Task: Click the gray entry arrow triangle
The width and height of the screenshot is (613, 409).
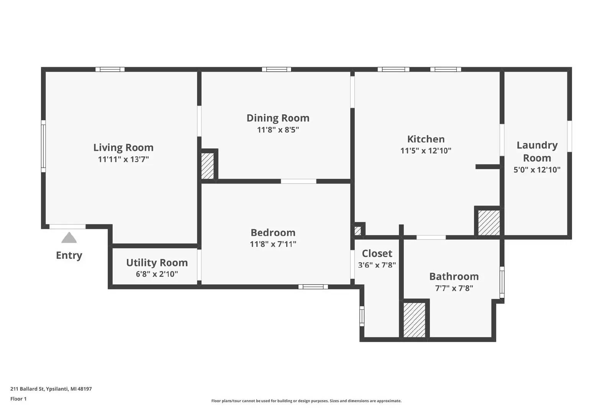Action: [x=69, y=238]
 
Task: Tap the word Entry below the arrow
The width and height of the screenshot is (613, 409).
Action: [x=69, y=255]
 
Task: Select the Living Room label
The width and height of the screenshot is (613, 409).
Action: [x=123, y=148]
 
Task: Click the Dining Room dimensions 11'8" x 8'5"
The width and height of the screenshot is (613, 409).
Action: [x=278, y=130]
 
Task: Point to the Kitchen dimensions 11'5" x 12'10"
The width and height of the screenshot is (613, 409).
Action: [x=426, y=151]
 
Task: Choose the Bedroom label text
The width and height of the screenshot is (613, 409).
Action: [x=273, y=232]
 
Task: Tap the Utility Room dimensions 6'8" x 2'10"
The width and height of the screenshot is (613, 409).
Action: [x=157, y=274]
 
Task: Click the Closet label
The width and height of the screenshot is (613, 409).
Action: [x=377, y=253]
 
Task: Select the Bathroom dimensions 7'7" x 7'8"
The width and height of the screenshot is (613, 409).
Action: [x=454, y=288]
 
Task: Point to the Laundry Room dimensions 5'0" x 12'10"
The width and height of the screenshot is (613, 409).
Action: [x=537, y=170]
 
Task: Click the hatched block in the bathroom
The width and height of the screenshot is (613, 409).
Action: [x=414, y=320]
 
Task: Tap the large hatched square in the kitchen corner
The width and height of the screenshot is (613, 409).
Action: [x=489, y=223]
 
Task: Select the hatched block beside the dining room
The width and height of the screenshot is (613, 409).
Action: [x=207, y=166]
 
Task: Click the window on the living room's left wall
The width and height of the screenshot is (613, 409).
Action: [x=43, y=146]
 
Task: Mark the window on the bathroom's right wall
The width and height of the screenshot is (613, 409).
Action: [x=502, y=282]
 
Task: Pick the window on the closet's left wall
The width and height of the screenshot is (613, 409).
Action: [x=362, y=316]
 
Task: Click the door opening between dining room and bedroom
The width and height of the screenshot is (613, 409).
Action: [x=298, y=181]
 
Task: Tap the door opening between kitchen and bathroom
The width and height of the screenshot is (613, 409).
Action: [x=431, y=237]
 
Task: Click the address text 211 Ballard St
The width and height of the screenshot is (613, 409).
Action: [x=27, y=389]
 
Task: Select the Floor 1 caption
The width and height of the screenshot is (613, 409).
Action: [x=18, y=399]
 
